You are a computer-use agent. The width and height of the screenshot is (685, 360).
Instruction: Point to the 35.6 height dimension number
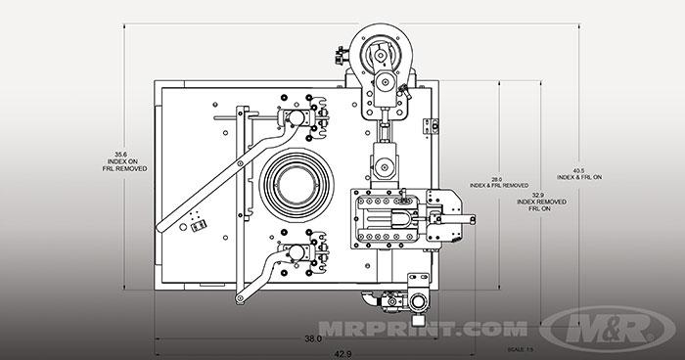tap(120, 154)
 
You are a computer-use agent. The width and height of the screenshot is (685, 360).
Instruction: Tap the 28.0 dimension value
tap(497, 179)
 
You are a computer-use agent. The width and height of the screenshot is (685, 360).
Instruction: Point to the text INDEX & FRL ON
tap(579, 177)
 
